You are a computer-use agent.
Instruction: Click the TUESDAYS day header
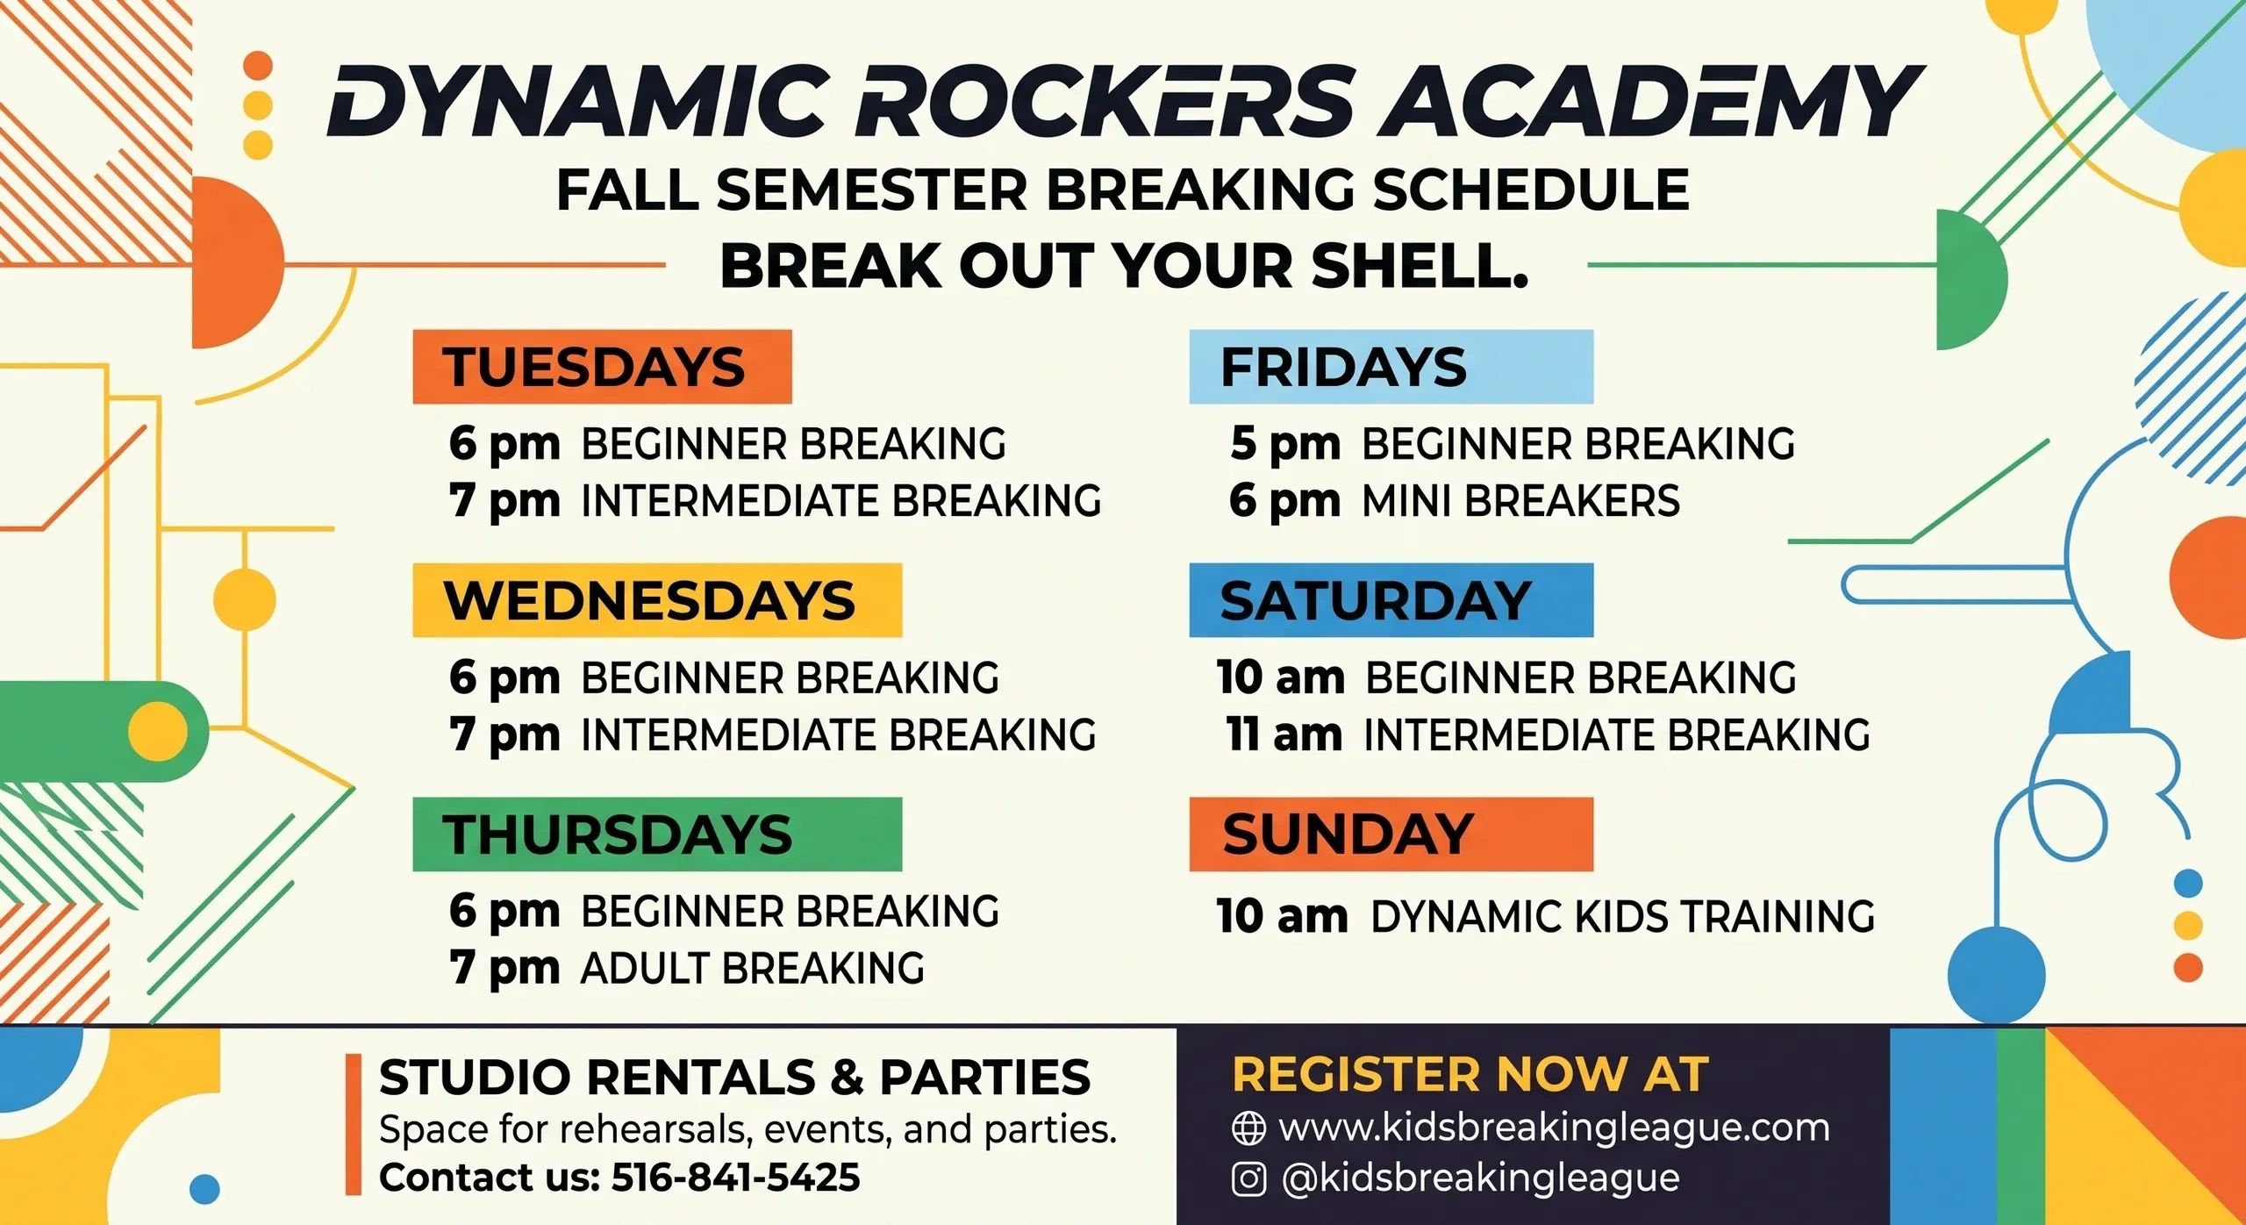pos(602,367)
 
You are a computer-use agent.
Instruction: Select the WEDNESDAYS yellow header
pos(657,600)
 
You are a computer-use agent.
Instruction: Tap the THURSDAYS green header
pos(657,835)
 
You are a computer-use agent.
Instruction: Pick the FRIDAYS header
pos(1391,367)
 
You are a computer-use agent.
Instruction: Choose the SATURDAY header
pos(1391,600)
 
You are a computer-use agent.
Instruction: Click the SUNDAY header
pos(1391,835)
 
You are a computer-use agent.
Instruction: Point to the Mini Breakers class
pos(1520,501)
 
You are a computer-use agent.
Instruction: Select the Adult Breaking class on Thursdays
pos(753,968)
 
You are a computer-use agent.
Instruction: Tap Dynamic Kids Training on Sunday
pos(1623,916)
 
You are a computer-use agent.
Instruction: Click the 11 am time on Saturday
pos(1284,734)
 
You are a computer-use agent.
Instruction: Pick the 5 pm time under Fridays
pos(1285,444)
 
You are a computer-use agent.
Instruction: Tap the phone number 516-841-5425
pos(735,1177)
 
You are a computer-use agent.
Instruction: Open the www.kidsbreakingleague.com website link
pos(1555,1128)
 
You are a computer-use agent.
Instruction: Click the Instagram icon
pos(1248,1178)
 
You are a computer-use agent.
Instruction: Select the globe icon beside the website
pos(1248,1128)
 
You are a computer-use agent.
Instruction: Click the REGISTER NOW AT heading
pos(1470,1074)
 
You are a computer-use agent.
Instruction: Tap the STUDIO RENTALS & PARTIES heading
pos(735,1077)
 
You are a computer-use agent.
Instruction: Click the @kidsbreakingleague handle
pos(1481,1178)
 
